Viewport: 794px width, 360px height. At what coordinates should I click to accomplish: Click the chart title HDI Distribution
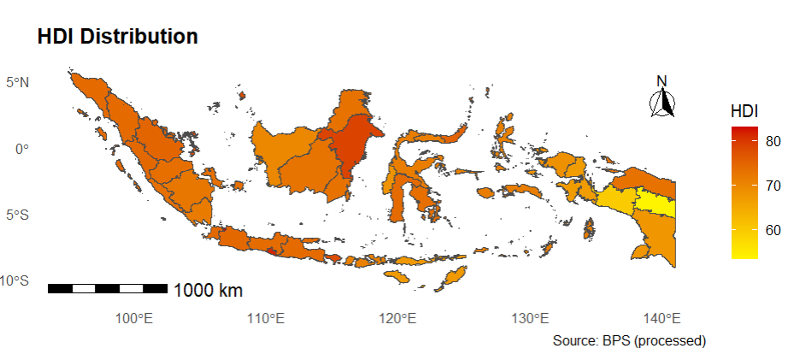(x=117, y=37)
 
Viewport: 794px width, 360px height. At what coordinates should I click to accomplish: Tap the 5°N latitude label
(x=19, y=83)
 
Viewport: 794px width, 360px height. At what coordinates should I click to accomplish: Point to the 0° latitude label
(x=22, y=149)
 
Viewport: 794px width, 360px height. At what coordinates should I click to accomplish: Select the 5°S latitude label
(x=19, y=215)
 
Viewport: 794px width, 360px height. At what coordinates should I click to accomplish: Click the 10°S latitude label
(x=16, y=280)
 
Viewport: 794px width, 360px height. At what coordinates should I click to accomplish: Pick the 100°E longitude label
(x=133, y=319)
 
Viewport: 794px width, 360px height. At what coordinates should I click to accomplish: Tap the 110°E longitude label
(x=265, y=319)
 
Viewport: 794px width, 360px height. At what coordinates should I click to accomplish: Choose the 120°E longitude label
(x=397, y=319)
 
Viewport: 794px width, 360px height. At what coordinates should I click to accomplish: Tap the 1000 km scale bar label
(x=208, y=291)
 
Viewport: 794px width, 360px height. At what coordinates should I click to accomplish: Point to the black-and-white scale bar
(x=107, y=288)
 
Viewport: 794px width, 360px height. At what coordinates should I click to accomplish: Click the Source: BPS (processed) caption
(x=629, y=340)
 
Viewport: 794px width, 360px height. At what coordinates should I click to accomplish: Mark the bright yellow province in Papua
(x=656, y=204)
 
